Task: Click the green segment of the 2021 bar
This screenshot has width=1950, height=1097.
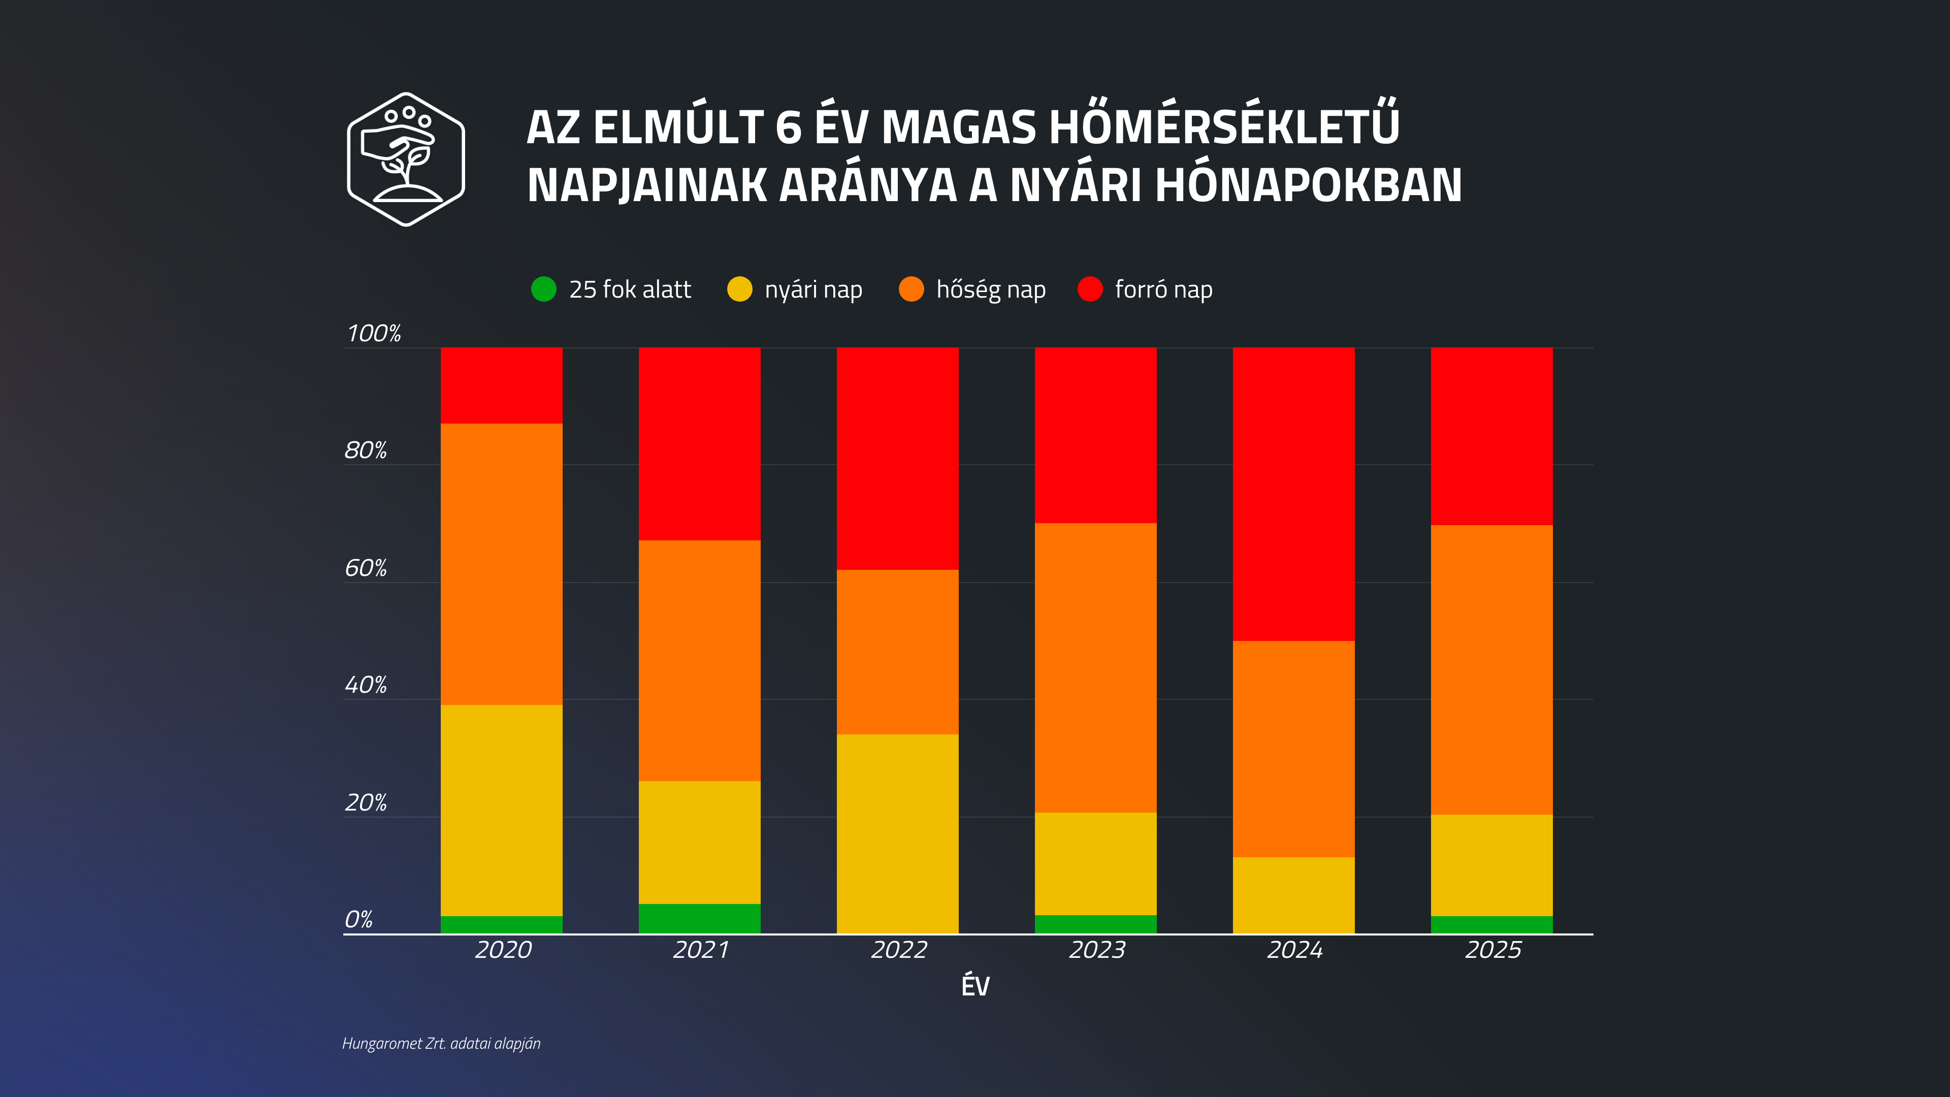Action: [x=699, y=918]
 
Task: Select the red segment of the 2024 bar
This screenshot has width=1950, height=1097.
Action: [x=1294, y=494]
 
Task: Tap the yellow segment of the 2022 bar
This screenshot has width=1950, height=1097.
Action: [x=897, y=833]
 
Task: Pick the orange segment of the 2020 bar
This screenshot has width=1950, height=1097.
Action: [x=501, y=564]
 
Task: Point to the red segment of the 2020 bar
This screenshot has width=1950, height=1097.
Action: [x=501, y=385]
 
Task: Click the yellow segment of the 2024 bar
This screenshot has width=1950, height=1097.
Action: [x=1294, y=895]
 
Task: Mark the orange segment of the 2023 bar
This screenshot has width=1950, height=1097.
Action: [x=1095, y=668]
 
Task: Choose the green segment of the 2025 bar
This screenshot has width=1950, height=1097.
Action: [x=1491, y=924]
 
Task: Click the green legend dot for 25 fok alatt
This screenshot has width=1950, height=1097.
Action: [x=543, y=289]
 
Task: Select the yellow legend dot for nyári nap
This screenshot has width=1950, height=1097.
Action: [x=739, y=289]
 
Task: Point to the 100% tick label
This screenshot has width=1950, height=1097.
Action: [x=374, y=333]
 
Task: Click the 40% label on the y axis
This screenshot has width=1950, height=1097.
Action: [x=366, y=685]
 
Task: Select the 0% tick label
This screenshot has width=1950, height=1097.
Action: [x=359, y=920]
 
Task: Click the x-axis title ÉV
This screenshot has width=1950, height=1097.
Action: [x=975, y=986]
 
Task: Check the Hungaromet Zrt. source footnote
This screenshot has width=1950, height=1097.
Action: [x=441, y=1043]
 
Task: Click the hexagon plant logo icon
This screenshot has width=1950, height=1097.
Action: [x=406, y=159]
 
